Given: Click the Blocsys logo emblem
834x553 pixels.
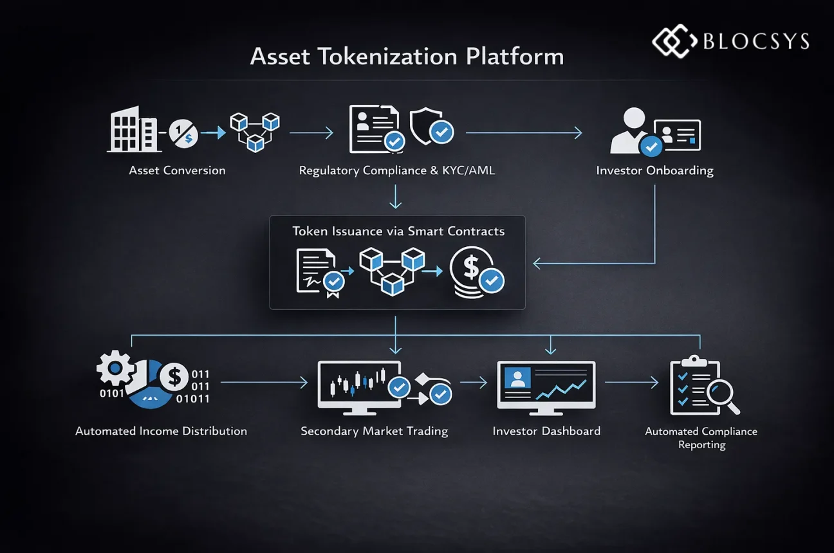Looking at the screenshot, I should coord(674,42).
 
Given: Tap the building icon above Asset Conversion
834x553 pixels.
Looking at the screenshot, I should coord(133,130).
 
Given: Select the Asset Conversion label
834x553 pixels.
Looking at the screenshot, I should coord(177,170).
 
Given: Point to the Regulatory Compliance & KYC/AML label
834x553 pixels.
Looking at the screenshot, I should coord(397,170).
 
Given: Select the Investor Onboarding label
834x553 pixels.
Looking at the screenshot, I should coord(654,170).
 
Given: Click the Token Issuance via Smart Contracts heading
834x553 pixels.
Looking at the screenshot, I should coord(398,231).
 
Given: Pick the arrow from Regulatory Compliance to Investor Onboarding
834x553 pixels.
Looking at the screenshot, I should coord(523,133).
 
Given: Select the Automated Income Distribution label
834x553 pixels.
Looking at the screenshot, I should coord(161,431).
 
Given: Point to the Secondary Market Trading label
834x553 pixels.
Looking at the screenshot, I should coord(374,431).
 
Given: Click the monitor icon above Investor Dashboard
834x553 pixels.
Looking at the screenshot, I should coord(546,386).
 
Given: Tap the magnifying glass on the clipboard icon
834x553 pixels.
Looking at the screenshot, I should coord(722,393).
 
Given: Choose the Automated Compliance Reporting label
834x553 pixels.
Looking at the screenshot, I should coord(701,438).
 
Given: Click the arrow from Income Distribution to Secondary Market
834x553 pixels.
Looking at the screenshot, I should coord(264,383).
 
